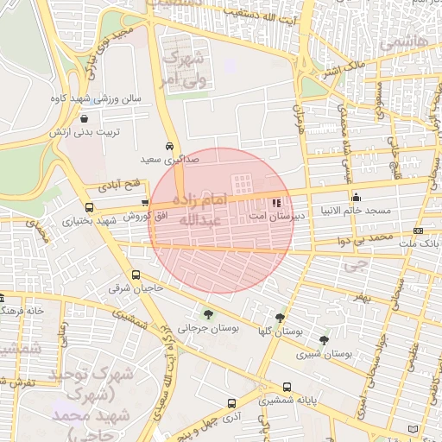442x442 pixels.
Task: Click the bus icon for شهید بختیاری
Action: [90, 207]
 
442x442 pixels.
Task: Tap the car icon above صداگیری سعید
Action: [169, 147]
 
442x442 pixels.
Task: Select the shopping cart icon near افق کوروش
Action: [144, 203]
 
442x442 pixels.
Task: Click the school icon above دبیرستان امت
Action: [275, 203]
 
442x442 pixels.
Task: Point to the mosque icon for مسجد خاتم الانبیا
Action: [356, 197]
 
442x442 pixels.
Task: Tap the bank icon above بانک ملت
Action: [418, 230]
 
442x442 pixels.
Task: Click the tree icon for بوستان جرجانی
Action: [208, 313]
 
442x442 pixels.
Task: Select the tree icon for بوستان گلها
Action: [279, 318]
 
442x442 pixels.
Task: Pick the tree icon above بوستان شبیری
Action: [324, 340]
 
